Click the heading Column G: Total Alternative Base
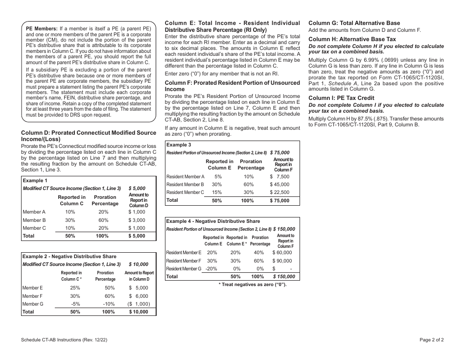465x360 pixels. (354, 23)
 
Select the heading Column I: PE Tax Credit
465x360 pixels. (341, 98)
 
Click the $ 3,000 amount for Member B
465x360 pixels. (137, 220)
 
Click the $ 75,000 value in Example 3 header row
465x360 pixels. (279, 153)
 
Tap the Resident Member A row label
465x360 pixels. (185, 177)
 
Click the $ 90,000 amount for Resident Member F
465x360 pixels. (282, 261)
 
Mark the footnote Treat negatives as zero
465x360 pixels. (252, 285)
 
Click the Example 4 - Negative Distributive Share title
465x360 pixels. (213, 221)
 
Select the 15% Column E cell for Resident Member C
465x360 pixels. (218, 192)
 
